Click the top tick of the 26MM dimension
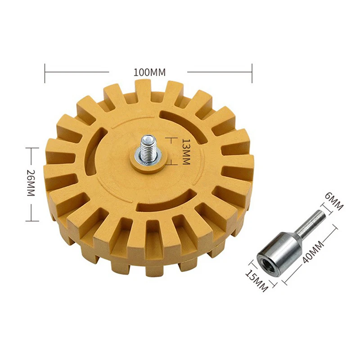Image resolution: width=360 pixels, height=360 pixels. point(30,148)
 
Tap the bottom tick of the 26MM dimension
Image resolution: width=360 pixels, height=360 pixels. point(30,220)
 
